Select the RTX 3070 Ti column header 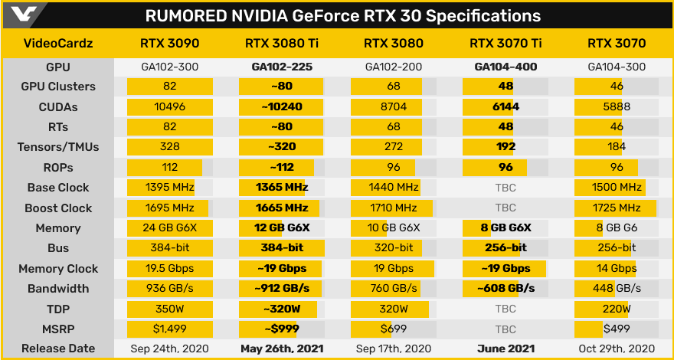(x=505, y=44)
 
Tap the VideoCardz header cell (x=58, y=44)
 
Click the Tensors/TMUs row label (x=58, y=147)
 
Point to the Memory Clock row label (x=58, y=269)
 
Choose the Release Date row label (x=58, y=349)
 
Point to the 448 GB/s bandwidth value (x=617, y=289)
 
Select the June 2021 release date (x=505, y=349)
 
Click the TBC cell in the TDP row (x=505, y=309)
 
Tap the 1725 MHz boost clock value (x=617, y=208)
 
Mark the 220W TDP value (x=617, y=309)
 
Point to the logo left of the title (x=21, y=15)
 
